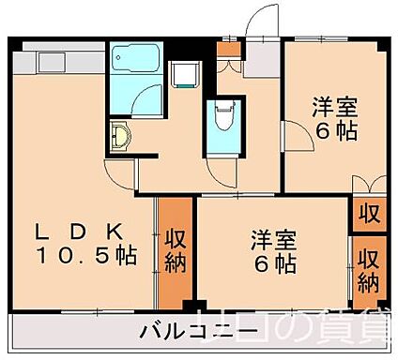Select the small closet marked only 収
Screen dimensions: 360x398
pos(369,213)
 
